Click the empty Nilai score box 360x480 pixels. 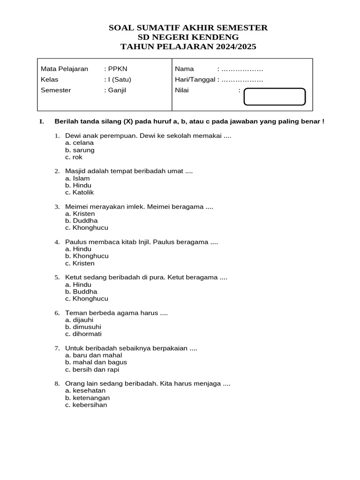click(275, 96)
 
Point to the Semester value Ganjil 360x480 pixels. click(117, 90)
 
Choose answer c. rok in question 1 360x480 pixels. click(74, 157)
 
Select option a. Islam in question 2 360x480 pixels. click(77, 178)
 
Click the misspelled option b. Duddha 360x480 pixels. click(81, 221)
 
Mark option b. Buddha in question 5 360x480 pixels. click(81, 292)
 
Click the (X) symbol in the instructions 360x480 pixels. click(128, 122)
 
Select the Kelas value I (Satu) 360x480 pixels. click(117, 80)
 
